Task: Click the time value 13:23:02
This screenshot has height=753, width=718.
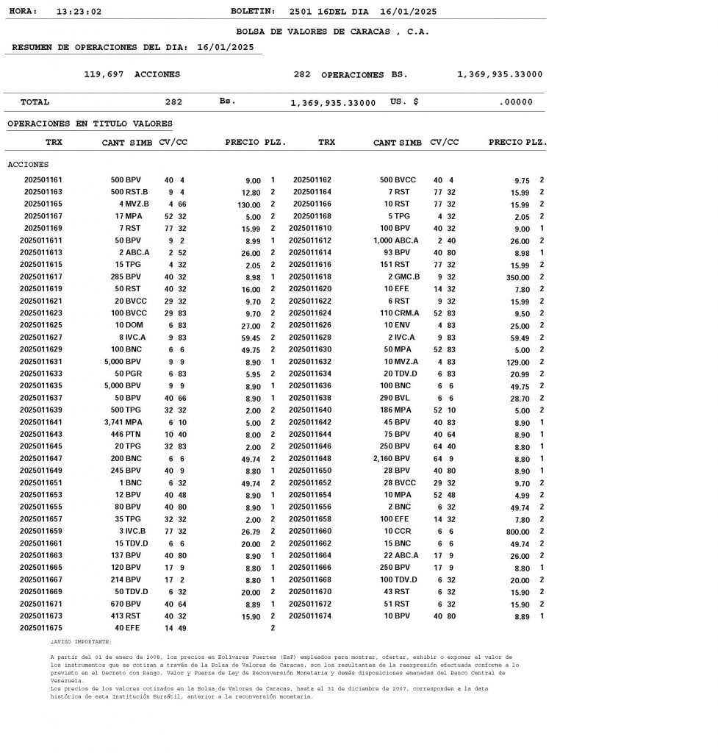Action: click(x=79, y=12)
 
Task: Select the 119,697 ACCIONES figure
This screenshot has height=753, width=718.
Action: click(x=132, y=74)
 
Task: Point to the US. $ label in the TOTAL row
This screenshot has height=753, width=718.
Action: click(x=404, y=102)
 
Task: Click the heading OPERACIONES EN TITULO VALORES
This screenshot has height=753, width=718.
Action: click(x=90, y=124)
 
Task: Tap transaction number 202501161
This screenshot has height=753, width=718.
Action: click(x=43, y=180)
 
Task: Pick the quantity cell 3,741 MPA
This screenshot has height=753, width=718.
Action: click(x=123, y=422)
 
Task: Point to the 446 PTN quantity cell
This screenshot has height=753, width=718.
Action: click(x=126, y=435)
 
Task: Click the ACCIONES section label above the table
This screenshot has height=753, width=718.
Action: click(x=28, y=165)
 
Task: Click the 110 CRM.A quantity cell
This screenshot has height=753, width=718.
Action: click(x=396, y=313)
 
